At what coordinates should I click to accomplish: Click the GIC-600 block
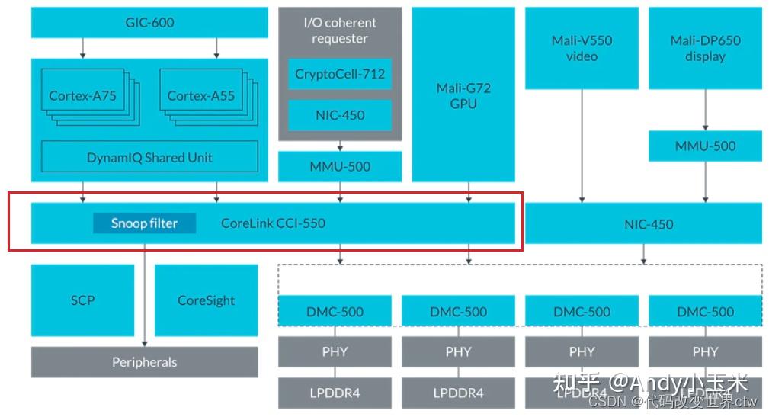tap(149, 23)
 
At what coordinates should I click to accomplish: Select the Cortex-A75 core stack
tap(83, 96)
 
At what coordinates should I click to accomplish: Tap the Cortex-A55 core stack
tap(201, 96)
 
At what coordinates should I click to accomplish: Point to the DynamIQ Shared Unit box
tap(149, 157)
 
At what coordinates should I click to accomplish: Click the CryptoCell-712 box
tap(340, 75)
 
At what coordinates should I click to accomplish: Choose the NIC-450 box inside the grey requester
tap(340, 115)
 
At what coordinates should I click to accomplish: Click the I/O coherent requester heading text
tap(340, 30)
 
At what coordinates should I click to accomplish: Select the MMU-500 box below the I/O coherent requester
tap(340, 166)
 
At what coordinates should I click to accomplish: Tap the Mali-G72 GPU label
tap(463, 95)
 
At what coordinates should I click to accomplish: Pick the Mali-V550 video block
tap(582, 48)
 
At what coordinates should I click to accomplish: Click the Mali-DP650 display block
tap(705, 48)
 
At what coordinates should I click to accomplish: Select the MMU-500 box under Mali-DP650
tap(705, 146)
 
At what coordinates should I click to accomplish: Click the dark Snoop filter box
tap(144, 223)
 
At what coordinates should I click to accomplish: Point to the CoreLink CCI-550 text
tap(273, 223)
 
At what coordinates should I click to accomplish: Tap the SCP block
tap(82, 300)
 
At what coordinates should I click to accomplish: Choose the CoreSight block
tap(206, 300)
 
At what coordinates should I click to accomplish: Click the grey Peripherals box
tap(144, 362)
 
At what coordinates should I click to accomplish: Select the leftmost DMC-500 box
tap(335, 312)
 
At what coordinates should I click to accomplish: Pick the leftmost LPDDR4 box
tap(335, 393)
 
